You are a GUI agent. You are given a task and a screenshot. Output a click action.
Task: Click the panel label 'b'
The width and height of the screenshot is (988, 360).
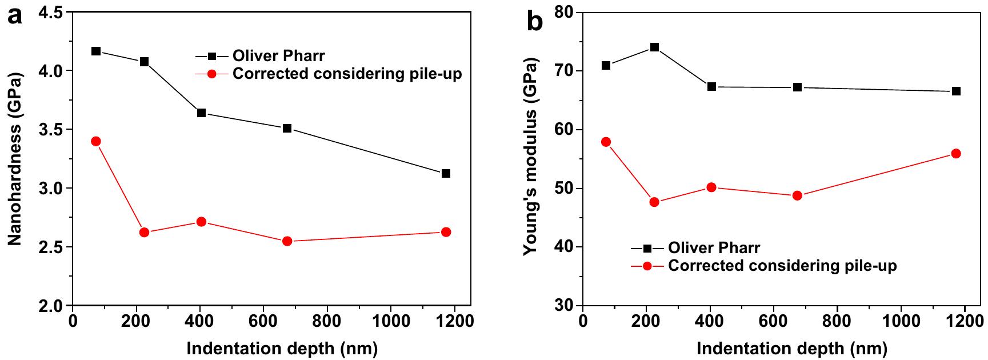(x=535, y=21)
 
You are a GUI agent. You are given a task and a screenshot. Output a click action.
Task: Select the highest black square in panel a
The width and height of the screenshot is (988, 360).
(x=96, y=51)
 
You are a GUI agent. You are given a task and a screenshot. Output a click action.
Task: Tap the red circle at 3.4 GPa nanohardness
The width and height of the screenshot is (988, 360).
(x=96, y=141)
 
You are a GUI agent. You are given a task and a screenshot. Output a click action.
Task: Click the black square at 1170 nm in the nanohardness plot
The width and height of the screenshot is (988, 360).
(x=446, y=173)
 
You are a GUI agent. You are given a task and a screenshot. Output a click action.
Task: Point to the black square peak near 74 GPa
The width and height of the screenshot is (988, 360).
(x=654, y=47)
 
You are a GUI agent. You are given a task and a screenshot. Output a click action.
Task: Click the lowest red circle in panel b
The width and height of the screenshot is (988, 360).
(x=654, y=202)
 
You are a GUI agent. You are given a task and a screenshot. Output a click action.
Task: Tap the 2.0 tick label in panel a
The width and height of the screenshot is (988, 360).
(x=51, y=306)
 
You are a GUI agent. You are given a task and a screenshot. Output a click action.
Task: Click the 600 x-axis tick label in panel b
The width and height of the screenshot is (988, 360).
(x=773, y=321)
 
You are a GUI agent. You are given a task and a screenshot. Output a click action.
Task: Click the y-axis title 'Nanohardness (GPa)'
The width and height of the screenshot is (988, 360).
(x=15, y=158)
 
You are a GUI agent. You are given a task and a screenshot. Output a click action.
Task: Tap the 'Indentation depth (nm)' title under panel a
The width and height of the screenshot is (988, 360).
(x=282, y=348)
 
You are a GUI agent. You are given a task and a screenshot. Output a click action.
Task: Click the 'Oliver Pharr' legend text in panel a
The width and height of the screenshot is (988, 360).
(x=278, y=56)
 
